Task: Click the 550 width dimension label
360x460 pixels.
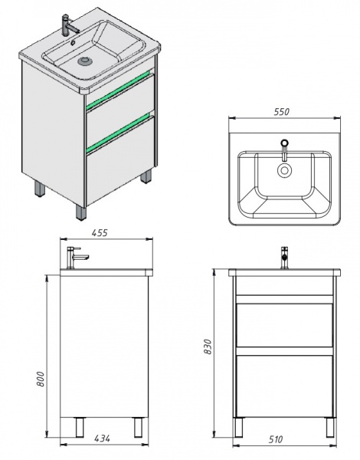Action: click(282, 112)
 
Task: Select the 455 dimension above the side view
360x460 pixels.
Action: click(100, 232)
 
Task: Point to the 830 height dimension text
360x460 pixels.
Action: click(208, 347)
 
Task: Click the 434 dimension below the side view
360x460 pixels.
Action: click(103, 439)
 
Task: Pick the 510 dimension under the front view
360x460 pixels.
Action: click(276, 439)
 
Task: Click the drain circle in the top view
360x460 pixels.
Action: click(283, 170)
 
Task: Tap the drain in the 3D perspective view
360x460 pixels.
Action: click(85, 61)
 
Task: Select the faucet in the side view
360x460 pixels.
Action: click(77, 258)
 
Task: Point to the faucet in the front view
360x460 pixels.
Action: click(283, 258)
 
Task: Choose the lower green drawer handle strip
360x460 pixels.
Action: click(120, 133)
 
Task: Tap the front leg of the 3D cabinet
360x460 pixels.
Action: click(81, 212)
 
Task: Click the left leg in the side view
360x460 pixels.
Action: click(80, 427)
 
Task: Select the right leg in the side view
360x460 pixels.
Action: click(138, 427)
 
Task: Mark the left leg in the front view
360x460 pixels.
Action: click(239, 428)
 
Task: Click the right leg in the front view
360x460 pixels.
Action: click(330, 428)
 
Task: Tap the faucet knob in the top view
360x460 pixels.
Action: click(283, 143)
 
